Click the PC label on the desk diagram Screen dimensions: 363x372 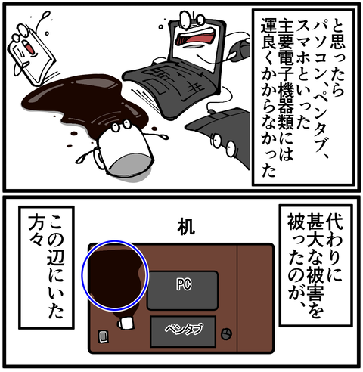184,285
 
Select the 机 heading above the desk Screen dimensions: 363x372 186,226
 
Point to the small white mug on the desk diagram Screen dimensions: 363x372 126,323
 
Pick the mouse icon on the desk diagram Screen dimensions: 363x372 226,334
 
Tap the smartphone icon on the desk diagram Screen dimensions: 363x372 103,336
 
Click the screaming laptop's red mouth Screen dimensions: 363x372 196,37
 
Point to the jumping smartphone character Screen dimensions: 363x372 31,54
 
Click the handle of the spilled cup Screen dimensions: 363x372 99,157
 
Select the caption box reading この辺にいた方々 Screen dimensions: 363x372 46,268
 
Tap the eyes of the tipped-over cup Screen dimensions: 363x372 121,126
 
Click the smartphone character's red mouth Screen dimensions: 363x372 29,47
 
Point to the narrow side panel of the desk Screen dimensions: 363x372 255,298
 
